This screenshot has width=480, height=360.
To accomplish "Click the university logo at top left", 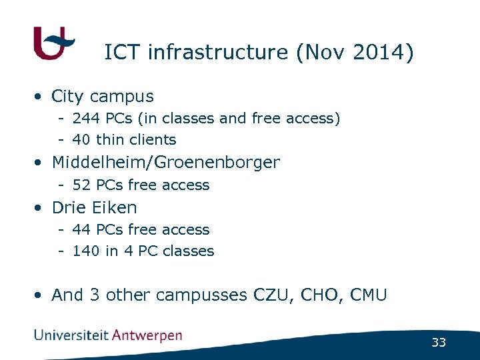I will coord(53,43).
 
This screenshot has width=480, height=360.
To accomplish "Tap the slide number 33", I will coord(438,343).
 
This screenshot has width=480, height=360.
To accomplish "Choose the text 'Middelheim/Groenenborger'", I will coord(166,162).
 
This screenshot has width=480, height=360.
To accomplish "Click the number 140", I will coord(86,251).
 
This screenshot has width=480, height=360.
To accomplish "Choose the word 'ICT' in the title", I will coord(123,52).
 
